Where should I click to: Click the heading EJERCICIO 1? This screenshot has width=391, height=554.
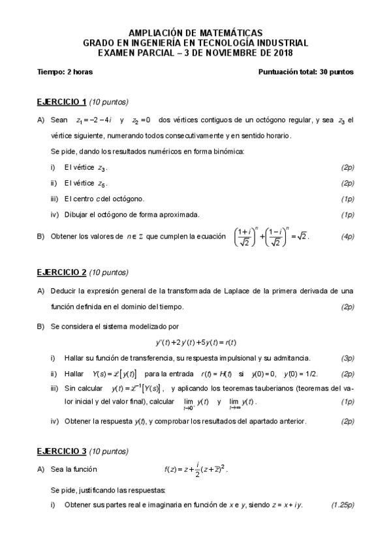[62, 102]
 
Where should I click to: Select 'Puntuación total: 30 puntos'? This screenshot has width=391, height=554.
[306, 72]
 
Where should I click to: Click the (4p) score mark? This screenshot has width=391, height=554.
[347, 236]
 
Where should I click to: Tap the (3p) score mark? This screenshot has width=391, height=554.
[347, 358]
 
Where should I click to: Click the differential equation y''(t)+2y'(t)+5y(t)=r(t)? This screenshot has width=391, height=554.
[195, 342]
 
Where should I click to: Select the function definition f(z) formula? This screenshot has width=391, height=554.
[196, 468]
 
